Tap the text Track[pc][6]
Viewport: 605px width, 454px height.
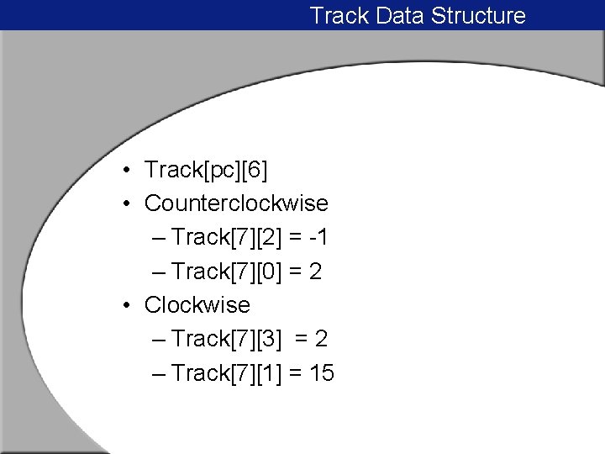(206, 171)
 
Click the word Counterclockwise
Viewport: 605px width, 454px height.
(236, 203)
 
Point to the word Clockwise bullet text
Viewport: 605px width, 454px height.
(197, 304)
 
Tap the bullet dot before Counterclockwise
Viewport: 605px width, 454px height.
(124, 204)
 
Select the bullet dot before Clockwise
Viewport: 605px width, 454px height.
(124, 305)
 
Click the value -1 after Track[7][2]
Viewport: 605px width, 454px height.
(319, 238)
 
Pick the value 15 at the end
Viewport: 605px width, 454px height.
(322, 372)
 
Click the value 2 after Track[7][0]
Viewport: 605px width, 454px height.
(316, 272)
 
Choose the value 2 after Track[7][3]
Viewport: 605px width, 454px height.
(321, 339)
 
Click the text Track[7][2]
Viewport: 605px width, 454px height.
(226, 238)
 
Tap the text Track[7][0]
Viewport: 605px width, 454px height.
(226, 272)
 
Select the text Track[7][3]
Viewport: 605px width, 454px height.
(226, 339)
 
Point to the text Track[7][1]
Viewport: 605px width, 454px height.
(226, 372)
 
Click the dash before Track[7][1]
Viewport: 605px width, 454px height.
(160, 372)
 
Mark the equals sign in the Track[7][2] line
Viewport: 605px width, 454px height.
(295, 238)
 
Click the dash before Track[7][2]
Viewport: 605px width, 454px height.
(160, 238)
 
